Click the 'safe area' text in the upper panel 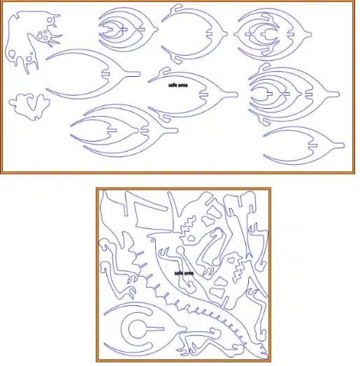pos(178,85)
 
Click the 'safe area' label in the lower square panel pos(184,273)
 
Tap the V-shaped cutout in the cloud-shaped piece pos(30,102)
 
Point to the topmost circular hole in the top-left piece pos(50,20)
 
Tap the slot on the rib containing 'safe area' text pos(203,95)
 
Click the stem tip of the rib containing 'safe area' pos(236,94)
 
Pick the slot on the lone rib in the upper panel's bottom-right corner pos(312,146)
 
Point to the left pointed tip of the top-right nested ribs pos(234,34)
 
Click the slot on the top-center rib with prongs pos(209,34)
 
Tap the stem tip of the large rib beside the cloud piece pos(138,74)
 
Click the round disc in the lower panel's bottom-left pos(138,329)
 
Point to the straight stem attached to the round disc pos(156,329)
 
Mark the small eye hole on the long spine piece pos(152,240)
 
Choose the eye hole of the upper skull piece pos(191,238)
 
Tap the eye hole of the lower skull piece pos(232,259)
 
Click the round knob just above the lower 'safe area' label pos(180,251)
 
